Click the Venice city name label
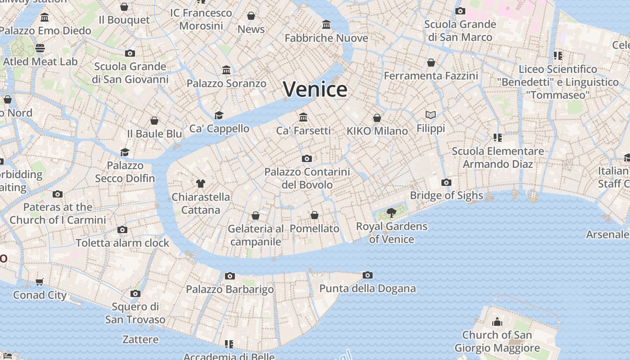point(315,89)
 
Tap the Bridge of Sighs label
point(446,196)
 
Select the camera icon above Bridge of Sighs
point(446,182)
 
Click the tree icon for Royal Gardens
point(391,212)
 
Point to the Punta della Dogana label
point(367,288)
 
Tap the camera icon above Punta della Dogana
point(368,275)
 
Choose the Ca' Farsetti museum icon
point(303,117)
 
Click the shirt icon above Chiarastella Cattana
point(201,183)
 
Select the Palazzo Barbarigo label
point(230,289)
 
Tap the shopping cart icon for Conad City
point(40,282)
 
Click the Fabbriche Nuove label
point(326,38)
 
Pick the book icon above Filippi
point(431,115)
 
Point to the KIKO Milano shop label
point(377,131)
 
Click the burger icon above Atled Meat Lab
point(40,48)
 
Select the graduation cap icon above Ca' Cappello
point(219,115)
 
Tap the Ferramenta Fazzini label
point(431,76)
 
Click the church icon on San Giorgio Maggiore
point(497,321)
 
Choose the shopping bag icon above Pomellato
point(315,215)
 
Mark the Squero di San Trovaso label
point(135,313)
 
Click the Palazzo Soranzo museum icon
point(226,70)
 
